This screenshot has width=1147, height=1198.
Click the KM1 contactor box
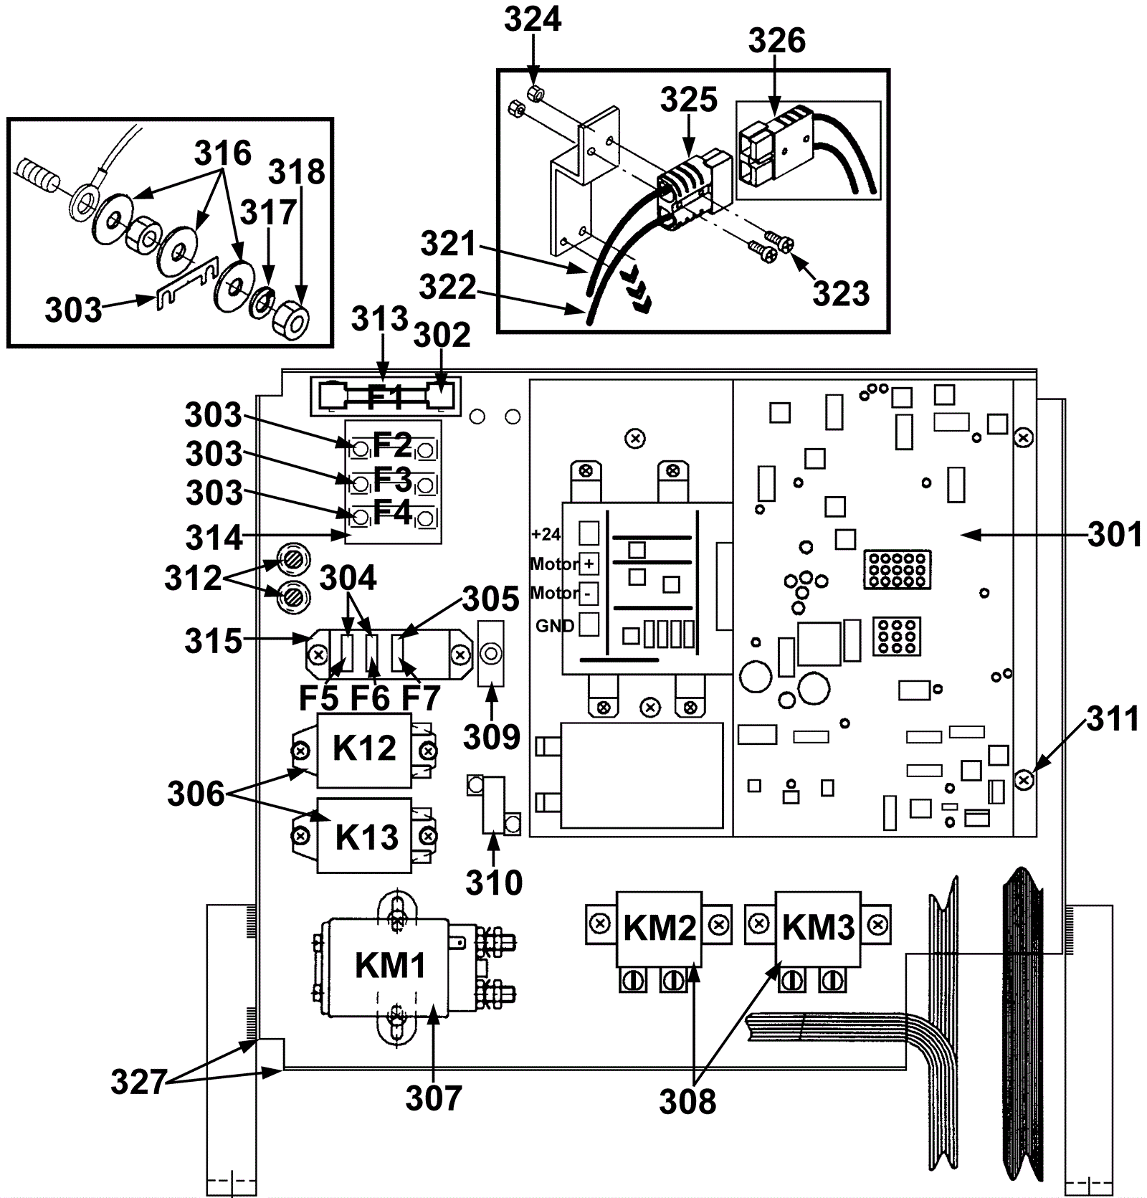(391, 966)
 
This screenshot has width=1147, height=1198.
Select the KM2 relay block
(660, 928)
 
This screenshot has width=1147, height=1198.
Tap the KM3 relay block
(818, 928)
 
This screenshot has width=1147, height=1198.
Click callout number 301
(1114, 534)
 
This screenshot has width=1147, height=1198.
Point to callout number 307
(433, 1098)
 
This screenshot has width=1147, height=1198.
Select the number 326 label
(777, 41)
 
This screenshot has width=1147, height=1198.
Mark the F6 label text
(370, 698)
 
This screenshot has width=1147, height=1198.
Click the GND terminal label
(555, 626)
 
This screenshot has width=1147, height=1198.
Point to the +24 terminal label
(546, 534)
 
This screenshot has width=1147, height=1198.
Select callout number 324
(533, 19)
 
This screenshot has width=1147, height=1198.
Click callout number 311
(1113, 719)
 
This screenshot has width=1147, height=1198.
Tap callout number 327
(138, 1082)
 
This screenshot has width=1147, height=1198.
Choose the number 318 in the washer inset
(297, 172)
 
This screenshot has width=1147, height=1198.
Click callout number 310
(493, 883)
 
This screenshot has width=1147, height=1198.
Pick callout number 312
(193, 578)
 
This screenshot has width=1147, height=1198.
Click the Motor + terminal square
(589, 564)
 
